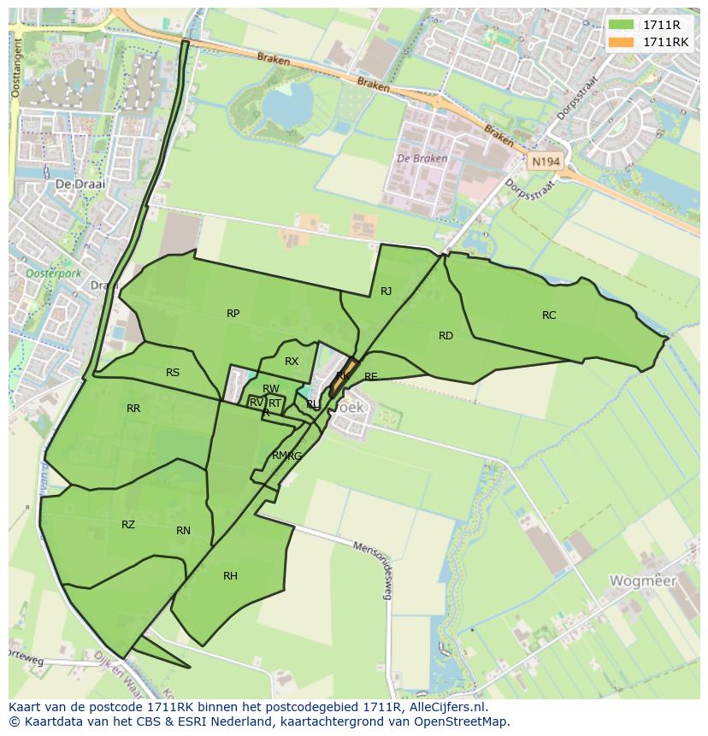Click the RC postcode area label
[x=549, y=315]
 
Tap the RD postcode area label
[x=445, y=336]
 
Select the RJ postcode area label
[x=386, y=291]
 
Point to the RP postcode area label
[x=233, y=314]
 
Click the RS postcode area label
[x=173, y=373]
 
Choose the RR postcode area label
[x=133, y=409]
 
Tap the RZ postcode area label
[x=128, y=525]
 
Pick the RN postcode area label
[x=183, y=531]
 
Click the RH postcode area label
[x=230, y=576]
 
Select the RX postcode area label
[x=292, y=362]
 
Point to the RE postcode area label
[x=370, y=377]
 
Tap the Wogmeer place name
[x=642, y=581]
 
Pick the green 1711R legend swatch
[x=622, y=25]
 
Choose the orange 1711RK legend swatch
[x=622, y=42]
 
